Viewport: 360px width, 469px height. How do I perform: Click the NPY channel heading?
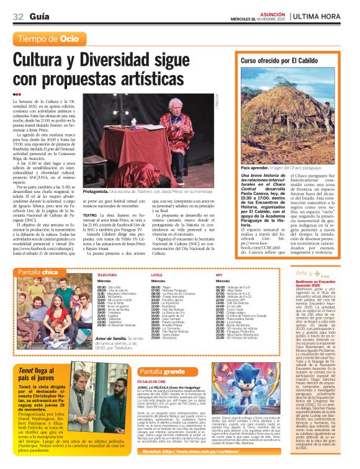point(218,274)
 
